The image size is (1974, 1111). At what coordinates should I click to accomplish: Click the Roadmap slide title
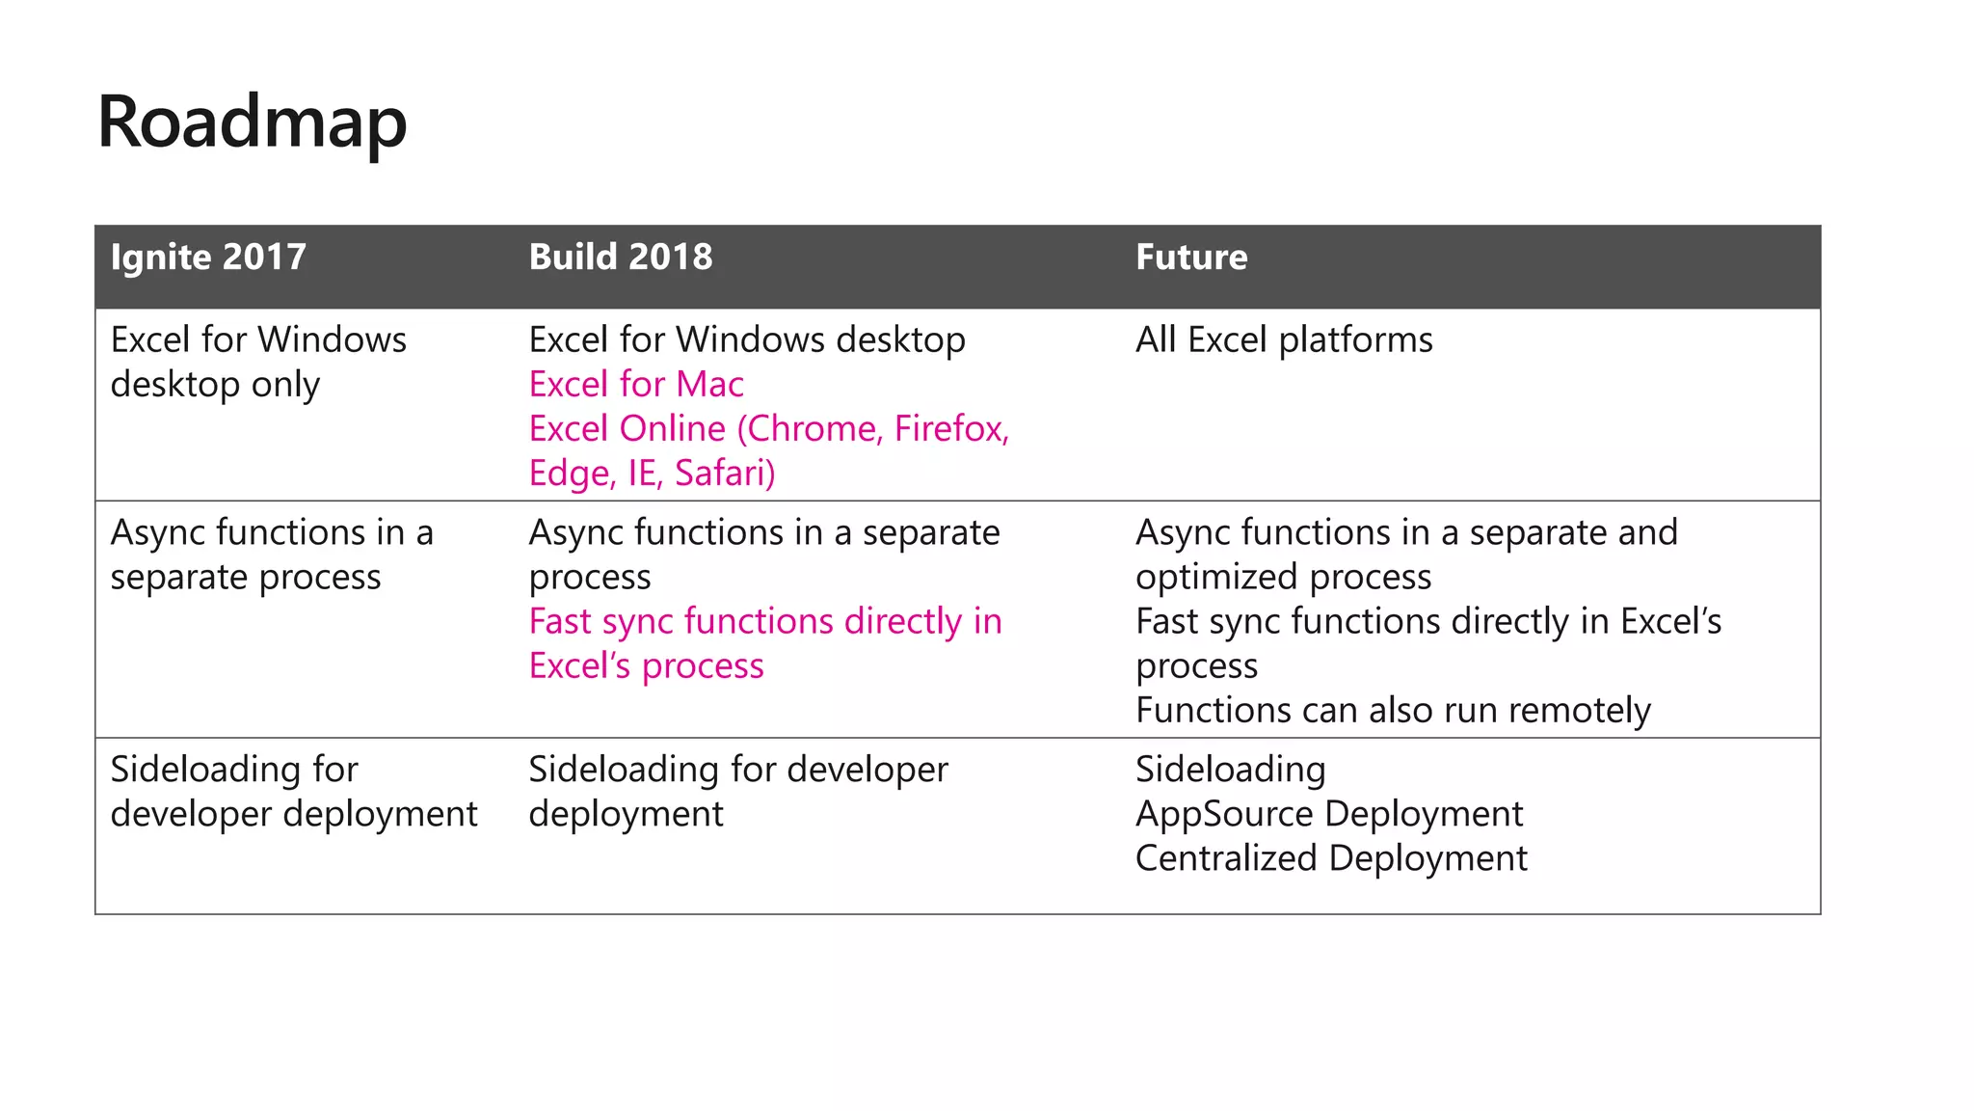pyautogui.click(x=252, y=122)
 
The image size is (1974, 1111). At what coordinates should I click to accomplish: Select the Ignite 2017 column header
pyautogui.click(x=208, y=257)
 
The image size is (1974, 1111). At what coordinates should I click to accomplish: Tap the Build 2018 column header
pyautogui.click(x=621, y=257)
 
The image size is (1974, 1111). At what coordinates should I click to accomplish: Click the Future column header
pyautogui.click(x=1191, y=257)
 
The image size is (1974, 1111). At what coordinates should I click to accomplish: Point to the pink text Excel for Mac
pyautogui.click(x=636, y=385)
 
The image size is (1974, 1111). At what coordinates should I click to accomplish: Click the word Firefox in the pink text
pyautogui.click(x=950, y=429)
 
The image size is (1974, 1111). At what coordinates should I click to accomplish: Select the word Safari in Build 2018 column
pyautogui.click(x=724, y=474)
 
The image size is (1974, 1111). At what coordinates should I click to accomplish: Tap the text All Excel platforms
pyautogui.click(x=1284, y=340)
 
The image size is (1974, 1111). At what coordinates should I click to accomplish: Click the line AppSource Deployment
pyautogui.click(x=1329, y=814)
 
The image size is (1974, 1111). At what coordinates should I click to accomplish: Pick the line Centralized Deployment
pyautogui.click(x=1331, y=858)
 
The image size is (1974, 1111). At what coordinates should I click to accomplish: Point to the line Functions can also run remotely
pyautogui.click(x=1393, y=711)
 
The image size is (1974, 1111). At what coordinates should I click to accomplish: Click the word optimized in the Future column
pyautogui.click(x=1217, y=578)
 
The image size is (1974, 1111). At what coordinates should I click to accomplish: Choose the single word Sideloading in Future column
pyautogui.click(x=1230, y=770)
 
